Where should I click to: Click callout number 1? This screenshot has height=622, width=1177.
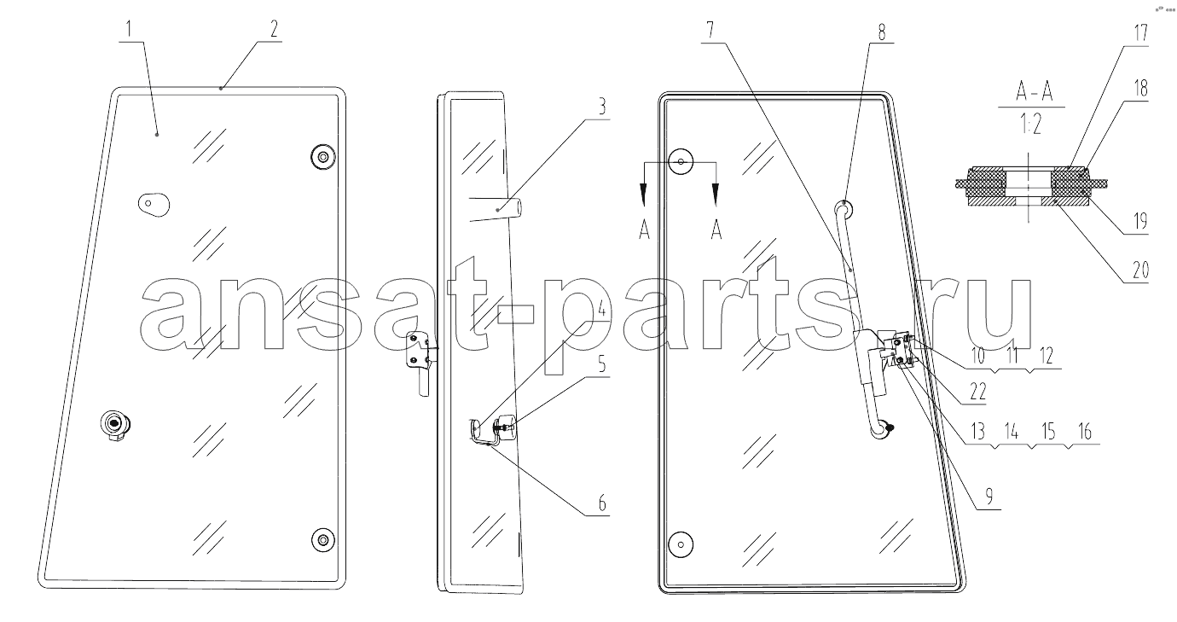pos(130,29)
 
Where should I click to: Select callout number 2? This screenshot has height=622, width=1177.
pos(274,29)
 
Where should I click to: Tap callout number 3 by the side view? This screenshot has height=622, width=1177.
pos(602,107)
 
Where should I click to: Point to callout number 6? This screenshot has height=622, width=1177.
pos(602,503)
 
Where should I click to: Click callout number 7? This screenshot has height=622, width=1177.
pos(710,30)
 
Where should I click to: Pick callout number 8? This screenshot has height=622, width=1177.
pos(881,32)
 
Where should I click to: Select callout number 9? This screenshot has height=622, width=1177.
pos(989,496)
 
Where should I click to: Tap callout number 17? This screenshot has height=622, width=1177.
pos(1140,33)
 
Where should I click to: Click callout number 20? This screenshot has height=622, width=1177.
pos(1140,270)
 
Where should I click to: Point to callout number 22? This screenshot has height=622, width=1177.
pos(978,391)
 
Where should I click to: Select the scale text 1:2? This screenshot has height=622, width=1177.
pos(1031,125)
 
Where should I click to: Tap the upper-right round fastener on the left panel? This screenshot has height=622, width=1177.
pos(323,157)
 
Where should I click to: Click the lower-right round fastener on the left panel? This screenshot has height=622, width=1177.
pos(322,540)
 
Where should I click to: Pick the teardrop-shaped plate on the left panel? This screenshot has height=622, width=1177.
pos(154,204)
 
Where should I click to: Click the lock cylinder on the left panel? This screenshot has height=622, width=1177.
pos(115,424)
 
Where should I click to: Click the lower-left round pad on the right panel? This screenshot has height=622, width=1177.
pos(681,544)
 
